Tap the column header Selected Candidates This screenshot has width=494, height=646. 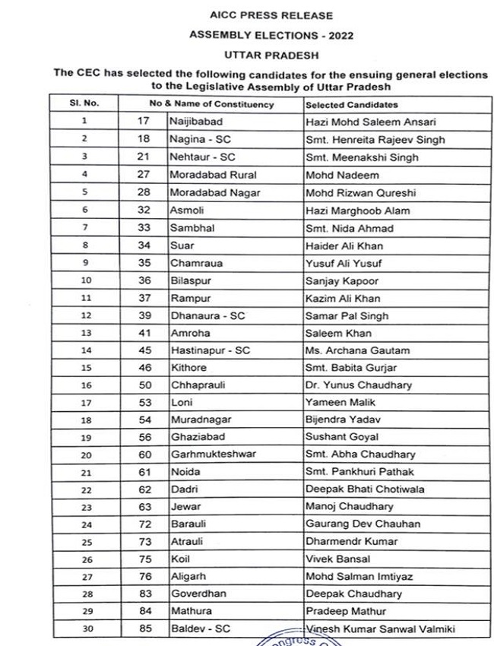(x=352, y=104)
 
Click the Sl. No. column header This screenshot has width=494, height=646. (x=84, y=104)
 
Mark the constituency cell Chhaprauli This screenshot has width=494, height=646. (x=198, y=385)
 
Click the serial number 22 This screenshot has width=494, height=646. (x=84, y=490)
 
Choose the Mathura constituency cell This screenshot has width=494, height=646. (x=191, y=612)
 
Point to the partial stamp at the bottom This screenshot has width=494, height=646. (x=304, y=640)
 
